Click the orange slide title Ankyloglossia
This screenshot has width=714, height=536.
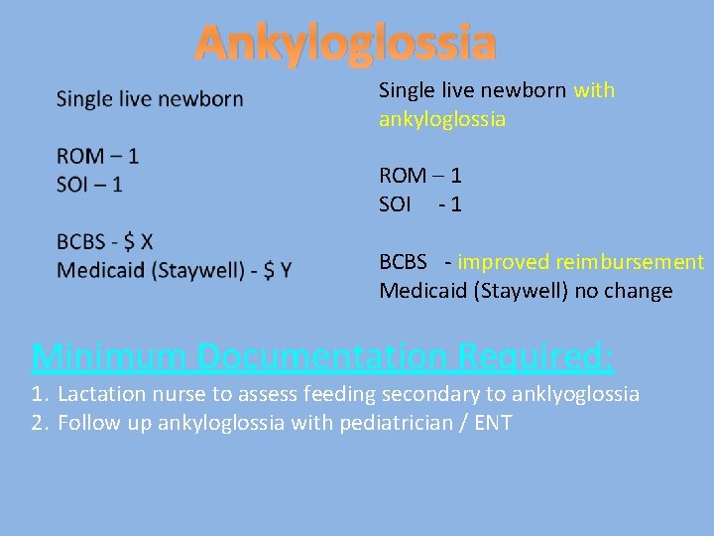pyautogui.click(x=345, y=43)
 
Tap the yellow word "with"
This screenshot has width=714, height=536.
pyautogui.click(x=594, y=90)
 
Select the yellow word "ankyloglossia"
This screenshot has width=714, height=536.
pyautogui.click(x=442, y=119)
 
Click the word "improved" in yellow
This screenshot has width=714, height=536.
pyautogui.click(x=503, y=262)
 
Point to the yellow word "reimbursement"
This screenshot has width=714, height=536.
pyautogui.click(x=630, y=262)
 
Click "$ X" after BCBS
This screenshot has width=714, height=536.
pyautogui.click(x=139, y=242)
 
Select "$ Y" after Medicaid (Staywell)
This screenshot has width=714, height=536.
pyautogui.click(x=277, y=270)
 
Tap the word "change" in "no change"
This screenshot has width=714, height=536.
pyautogui.click(x=640, y=291)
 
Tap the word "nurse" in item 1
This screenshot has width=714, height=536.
pyautogui.click(x=177, y=394)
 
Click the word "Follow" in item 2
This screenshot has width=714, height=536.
pyautogui.click(x=87, y=423)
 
